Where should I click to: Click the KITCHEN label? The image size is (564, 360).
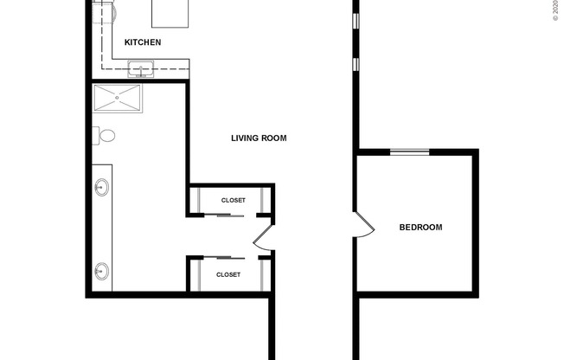[143, 42]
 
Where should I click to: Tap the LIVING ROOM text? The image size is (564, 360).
[259, 138]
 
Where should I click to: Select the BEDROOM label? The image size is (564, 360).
[420, 228]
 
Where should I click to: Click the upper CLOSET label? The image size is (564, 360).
[233, 200]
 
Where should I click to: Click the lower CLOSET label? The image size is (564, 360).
[228, 274]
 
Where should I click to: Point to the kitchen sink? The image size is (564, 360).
[140, 68]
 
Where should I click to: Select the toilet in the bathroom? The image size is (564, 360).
[105, 136]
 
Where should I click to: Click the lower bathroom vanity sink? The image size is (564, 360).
[101, 270]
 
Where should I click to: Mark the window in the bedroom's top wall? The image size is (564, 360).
[408, 152]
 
